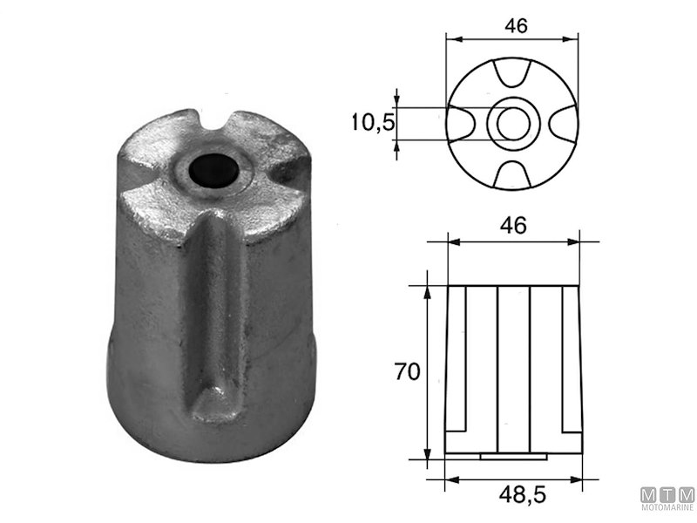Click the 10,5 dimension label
tap(373, 123)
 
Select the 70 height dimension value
tap(407, 372)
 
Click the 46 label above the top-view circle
tap(516, 25)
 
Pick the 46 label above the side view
tap(514, 226)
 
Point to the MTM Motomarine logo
tap(667, 488)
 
